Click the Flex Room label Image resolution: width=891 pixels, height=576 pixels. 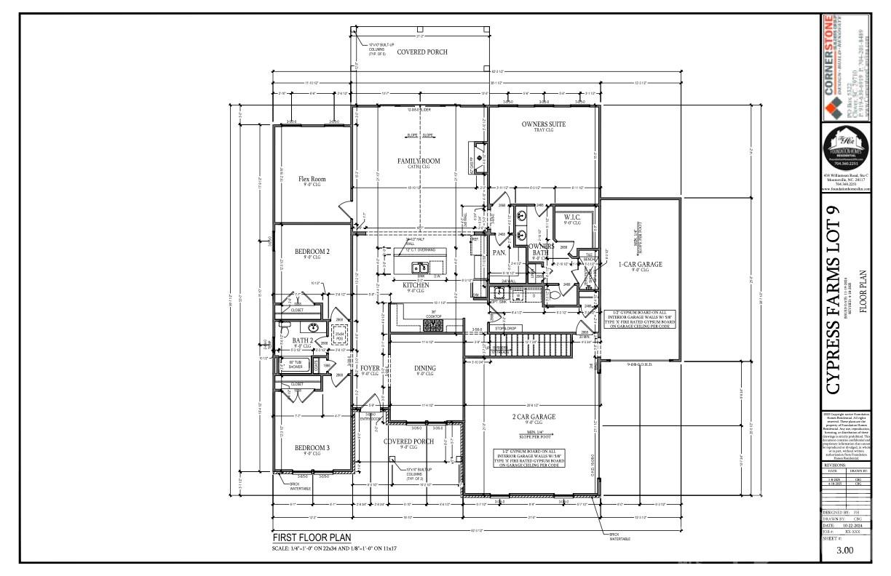coord(312,178)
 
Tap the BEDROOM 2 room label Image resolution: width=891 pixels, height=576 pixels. coord(312,251)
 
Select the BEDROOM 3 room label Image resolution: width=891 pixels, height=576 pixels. coord(312,447)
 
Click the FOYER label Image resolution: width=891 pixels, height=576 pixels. coord(371,368)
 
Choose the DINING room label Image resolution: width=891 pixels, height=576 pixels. coord(425,369)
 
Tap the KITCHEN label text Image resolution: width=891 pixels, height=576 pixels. coord(416,285)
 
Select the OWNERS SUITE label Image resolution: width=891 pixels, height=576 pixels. coord(543,124)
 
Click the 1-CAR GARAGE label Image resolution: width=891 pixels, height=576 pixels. coord(640,265)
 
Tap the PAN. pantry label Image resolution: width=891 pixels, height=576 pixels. coord(499,252)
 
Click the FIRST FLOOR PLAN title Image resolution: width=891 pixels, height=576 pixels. coord(312,538)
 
